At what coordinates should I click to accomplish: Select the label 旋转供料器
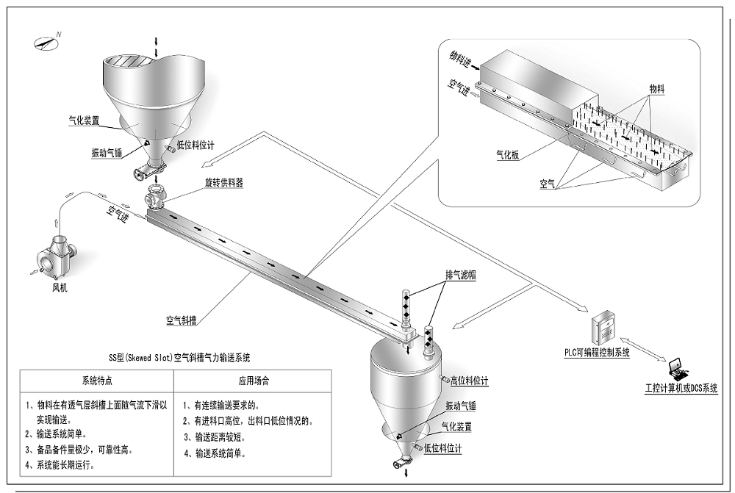point(223,181)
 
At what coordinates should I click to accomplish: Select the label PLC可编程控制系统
point(592,353)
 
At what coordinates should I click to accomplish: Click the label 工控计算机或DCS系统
point(681,389)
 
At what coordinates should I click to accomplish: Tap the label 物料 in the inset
point(656,88)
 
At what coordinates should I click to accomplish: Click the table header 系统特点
point(96,381)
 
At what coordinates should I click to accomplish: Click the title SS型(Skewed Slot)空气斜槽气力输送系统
point(179,358)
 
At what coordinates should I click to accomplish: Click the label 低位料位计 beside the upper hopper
point(196,145)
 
